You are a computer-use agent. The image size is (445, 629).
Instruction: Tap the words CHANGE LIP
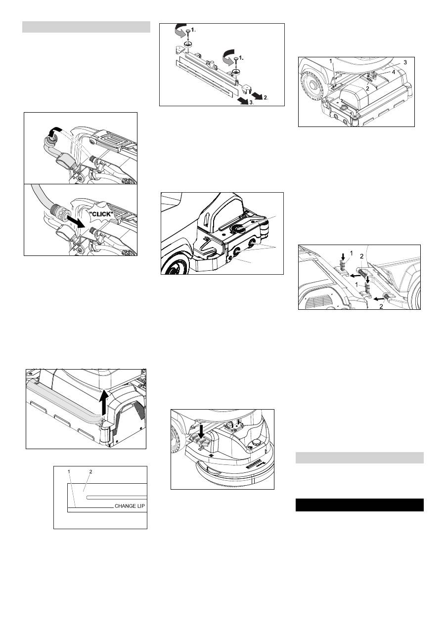click(x=130, y=506)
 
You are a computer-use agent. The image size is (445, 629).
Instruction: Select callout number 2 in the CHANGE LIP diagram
click(x=90, y=472)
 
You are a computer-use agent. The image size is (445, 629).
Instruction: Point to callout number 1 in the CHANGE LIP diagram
click(x=69, y=472)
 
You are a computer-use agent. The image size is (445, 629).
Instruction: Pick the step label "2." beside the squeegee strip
click(x=266, y=98)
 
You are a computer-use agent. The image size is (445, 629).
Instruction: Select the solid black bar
click(x=359, y=505)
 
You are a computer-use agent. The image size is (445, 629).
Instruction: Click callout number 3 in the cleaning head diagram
click(x=405, y=62)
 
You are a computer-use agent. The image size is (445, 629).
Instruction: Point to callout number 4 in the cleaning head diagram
click(x=393, y=72)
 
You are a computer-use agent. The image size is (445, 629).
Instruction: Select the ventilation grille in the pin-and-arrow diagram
click(x=318, y=302)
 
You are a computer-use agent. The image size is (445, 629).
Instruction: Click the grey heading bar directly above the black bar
click(x=359, y=458)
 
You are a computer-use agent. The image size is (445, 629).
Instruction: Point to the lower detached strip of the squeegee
click(x=204, y=80)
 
